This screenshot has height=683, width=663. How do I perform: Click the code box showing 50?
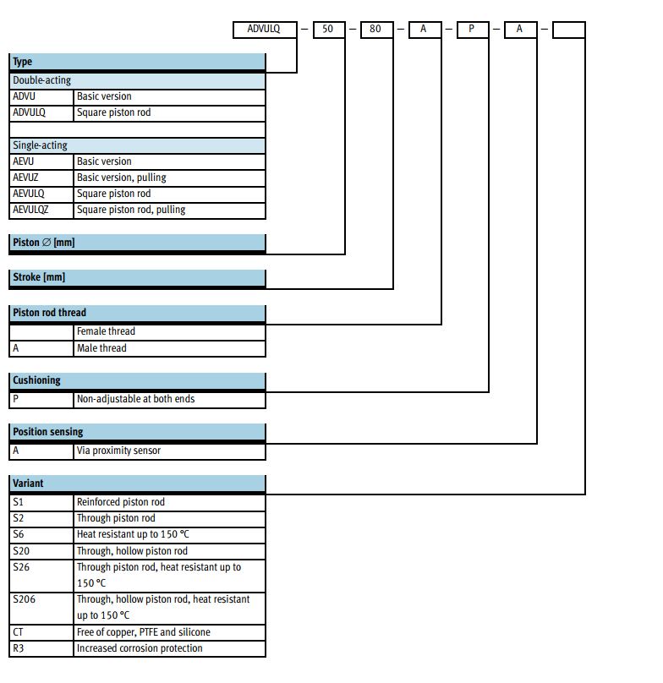tap(329, 30)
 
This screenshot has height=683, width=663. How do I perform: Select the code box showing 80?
tap(377, 30)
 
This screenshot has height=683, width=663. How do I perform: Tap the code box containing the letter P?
tap(473, 30)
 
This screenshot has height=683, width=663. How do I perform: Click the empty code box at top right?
tap(569, 30)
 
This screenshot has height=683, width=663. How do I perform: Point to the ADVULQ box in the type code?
tap(265, 30)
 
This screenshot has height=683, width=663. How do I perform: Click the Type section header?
tap(137, 62)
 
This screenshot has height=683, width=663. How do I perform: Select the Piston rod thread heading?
tap(137, 313)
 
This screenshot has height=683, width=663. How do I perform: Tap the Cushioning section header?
tap(137, 380)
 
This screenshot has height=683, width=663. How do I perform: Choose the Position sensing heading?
tap(137, 432)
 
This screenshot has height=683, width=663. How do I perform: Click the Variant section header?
tap(137, 484)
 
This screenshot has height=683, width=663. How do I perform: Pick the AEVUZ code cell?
tap(41, 178)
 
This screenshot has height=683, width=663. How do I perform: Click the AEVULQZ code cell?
tap(41, 210)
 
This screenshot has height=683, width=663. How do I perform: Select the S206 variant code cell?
tap(41, 608)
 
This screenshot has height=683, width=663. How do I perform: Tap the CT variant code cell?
tap(41, 632)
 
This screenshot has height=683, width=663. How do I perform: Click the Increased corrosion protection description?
tap(140, 648)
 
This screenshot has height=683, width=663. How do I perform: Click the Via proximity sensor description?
tap(118, 451)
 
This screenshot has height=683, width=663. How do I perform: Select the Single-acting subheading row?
tap(137, 145)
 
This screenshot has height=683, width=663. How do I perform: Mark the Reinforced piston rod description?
tap(121, 502)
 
